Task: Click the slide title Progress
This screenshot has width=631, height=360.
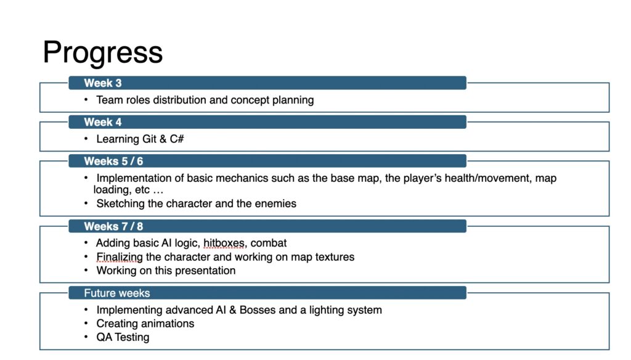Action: [103, 53]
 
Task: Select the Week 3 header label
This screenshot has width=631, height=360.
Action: [103, 83]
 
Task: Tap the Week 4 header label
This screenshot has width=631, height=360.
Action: [103, 122]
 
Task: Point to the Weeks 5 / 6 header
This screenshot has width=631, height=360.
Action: [113, 161]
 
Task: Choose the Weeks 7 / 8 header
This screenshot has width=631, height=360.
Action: [113, 226]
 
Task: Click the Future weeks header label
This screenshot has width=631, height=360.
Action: [116, 293]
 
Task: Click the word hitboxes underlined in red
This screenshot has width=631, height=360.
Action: [224, 243]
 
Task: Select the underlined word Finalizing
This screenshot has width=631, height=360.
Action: [120, 257]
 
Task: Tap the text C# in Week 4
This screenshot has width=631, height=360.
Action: [177, 139]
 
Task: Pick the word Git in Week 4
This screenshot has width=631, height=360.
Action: [149, 139]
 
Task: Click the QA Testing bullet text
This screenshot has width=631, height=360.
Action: [123, 337]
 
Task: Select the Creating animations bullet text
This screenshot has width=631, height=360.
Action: [145, 324]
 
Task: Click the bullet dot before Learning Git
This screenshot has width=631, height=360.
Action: [86, 139]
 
